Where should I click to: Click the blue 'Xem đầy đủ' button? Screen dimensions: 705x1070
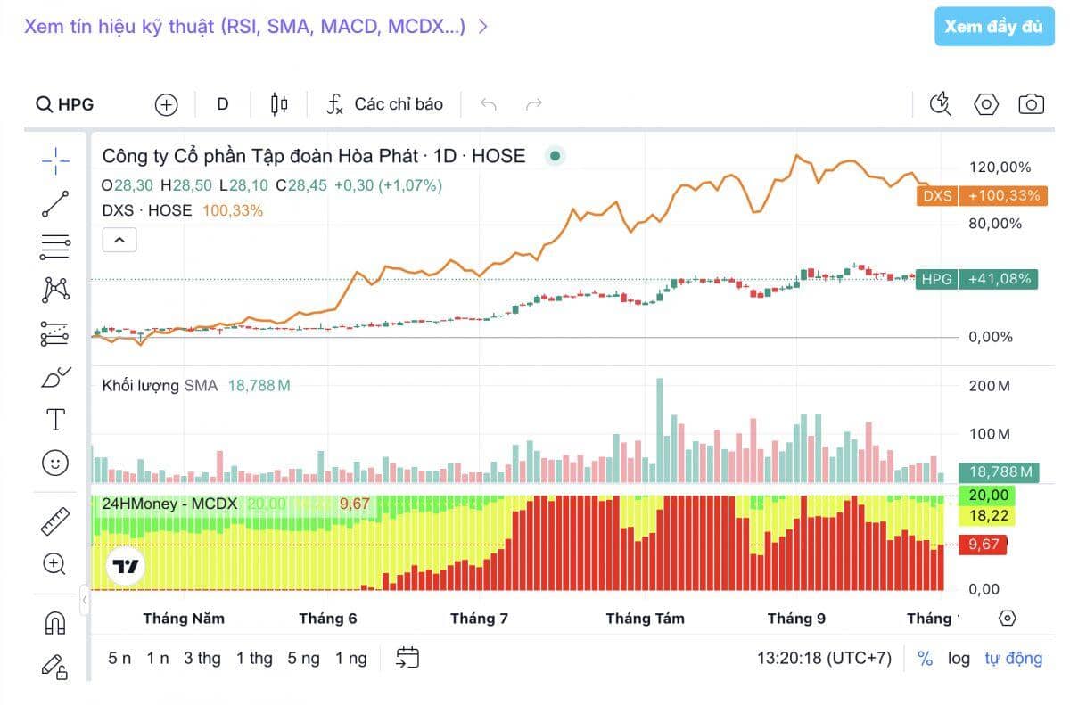(x=993, y=27)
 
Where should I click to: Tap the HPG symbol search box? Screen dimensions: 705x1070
(x=66, y=104)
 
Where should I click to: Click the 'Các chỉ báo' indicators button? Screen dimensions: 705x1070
(x=384, y=104)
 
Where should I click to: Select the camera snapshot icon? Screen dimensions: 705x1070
(x=1031, y=104)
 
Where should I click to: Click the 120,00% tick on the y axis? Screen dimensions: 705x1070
(x=1000, y=168)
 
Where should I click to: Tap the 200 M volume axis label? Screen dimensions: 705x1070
(x=990, y=386)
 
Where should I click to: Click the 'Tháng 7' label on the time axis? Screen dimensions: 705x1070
(x=479, y=619)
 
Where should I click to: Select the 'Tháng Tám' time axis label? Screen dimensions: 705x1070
(x=645, y=619)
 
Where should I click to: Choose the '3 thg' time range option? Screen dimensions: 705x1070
(x=202, y=659)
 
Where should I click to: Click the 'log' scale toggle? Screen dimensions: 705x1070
(x=959, y=659)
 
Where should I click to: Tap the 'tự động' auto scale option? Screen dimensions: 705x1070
(x=1013, y=659)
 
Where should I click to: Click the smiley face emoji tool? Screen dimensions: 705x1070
(x=55, y=462)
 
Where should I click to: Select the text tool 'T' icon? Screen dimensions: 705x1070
(x=55, y=419)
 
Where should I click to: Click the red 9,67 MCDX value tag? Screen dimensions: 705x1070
(x=983, y=544)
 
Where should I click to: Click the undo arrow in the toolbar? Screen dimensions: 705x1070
(x=489, y=104)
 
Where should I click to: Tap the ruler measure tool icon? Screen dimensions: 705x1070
(x=55, y=521)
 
